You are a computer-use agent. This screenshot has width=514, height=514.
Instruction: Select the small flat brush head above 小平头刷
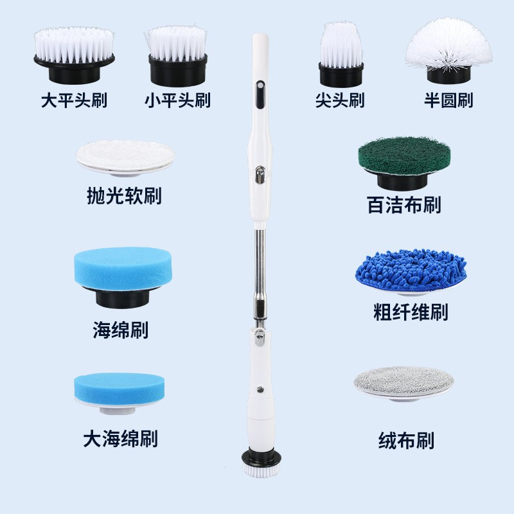(177, 51)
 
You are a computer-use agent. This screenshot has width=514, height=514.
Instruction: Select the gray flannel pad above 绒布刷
(404, 380)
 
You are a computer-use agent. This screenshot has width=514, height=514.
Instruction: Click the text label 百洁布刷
(403, 205)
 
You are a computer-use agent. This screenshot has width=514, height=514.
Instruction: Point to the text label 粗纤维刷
(411, 313)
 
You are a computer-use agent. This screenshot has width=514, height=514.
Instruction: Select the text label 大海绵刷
(120, 439)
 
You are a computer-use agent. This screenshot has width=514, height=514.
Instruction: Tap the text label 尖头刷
(340, 101)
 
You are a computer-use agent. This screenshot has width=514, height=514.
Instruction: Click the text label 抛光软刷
(124, 196)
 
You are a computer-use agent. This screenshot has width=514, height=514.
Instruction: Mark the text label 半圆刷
(448, 101)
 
